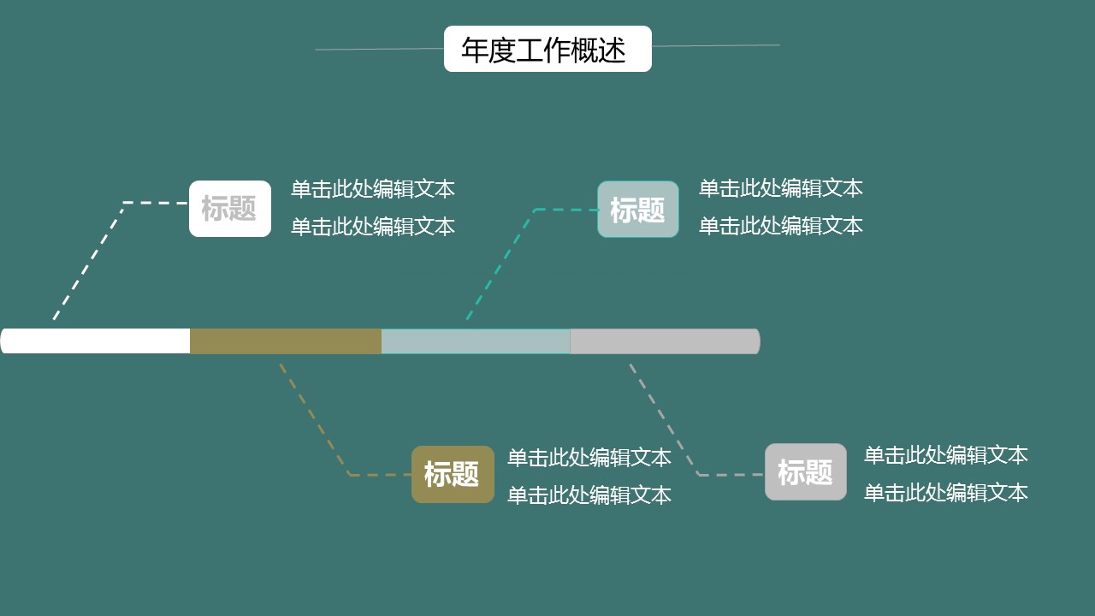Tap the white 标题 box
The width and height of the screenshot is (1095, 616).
point(229,209)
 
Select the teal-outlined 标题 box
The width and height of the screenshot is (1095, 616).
point(637,210)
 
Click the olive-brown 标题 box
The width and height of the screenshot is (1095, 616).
point(453,474)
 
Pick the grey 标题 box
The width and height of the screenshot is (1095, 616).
point(805,471)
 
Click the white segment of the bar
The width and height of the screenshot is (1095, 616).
point(96,341)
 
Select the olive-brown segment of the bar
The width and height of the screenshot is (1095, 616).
point(286,341)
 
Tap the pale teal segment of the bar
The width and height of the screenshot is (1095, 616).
point(476,341)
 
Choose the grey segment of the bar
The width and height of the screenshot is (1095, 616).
point(665,341)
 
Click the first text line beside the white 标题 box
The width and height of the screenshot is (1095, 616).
point(372,189)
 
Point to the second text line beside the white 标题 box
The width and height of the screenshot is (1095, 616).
point(372,227)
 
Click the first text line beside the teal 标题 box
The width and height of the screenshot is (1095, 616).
point(780,188)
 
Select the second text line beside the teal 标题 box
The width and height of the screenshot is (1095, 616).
point(780,226)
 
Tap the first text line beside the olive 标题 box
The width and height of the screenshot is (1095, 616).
point(589,458)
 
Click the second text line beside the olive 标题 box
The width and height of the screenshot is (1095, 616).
point(589,495)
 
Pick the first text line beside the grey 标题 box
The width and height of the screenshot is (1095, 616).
point(945,455)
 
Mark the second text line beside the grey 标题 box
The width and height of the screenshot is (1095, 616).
point(945,493)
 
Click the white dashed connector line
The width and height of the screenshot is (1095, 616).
point(89,261)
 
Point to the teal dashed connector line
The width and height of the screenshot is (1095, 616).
point(500,264)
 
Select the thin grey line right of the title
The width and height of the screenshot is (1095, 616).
point(715,45)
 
